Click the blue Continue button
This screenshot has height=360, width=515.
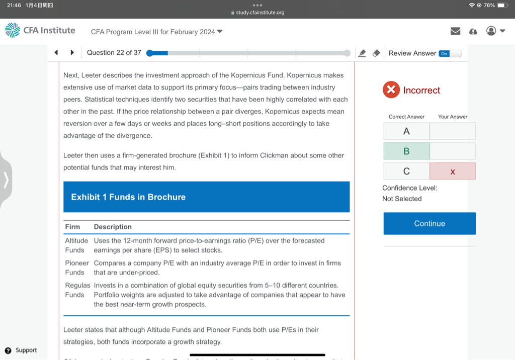point(430,224)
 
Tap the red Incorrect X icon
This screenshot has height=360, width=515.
point(391,90)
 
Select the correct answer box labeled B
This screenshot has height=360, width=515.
point(406,151)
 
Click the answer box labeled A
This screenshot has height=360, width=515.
point(406,131)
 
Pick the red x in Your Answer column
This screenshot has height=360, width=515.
point(453,171)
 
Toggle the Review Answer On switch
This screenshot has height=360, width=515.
point(450,53)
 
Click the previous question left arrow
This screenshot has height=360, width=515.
point(56,53)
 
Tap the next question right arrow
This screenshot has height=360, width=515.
point(72,53)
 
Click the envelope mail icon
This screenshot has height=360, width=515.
point(456,31)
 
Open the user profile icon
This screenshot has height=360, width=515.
point(491,31)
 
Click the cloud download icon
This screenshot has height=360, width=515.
point(473,31)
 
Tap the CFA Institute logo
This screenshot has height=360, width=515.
point(40,31)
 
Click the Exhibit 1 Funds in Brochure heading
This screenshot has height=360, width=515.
point(128,197)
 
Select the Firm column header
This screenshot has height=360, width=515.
point(72,227)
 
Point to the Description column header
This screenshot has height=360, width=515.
point(113,227)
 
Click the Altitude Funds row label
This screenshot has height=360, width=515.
point(76,245)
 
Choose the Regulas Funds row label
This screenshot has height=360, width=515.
point(77,290)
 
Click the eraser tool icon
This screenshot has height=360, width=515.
point(376,53)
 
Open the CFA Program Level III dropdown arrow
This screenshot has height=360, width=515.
point(220,32)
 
